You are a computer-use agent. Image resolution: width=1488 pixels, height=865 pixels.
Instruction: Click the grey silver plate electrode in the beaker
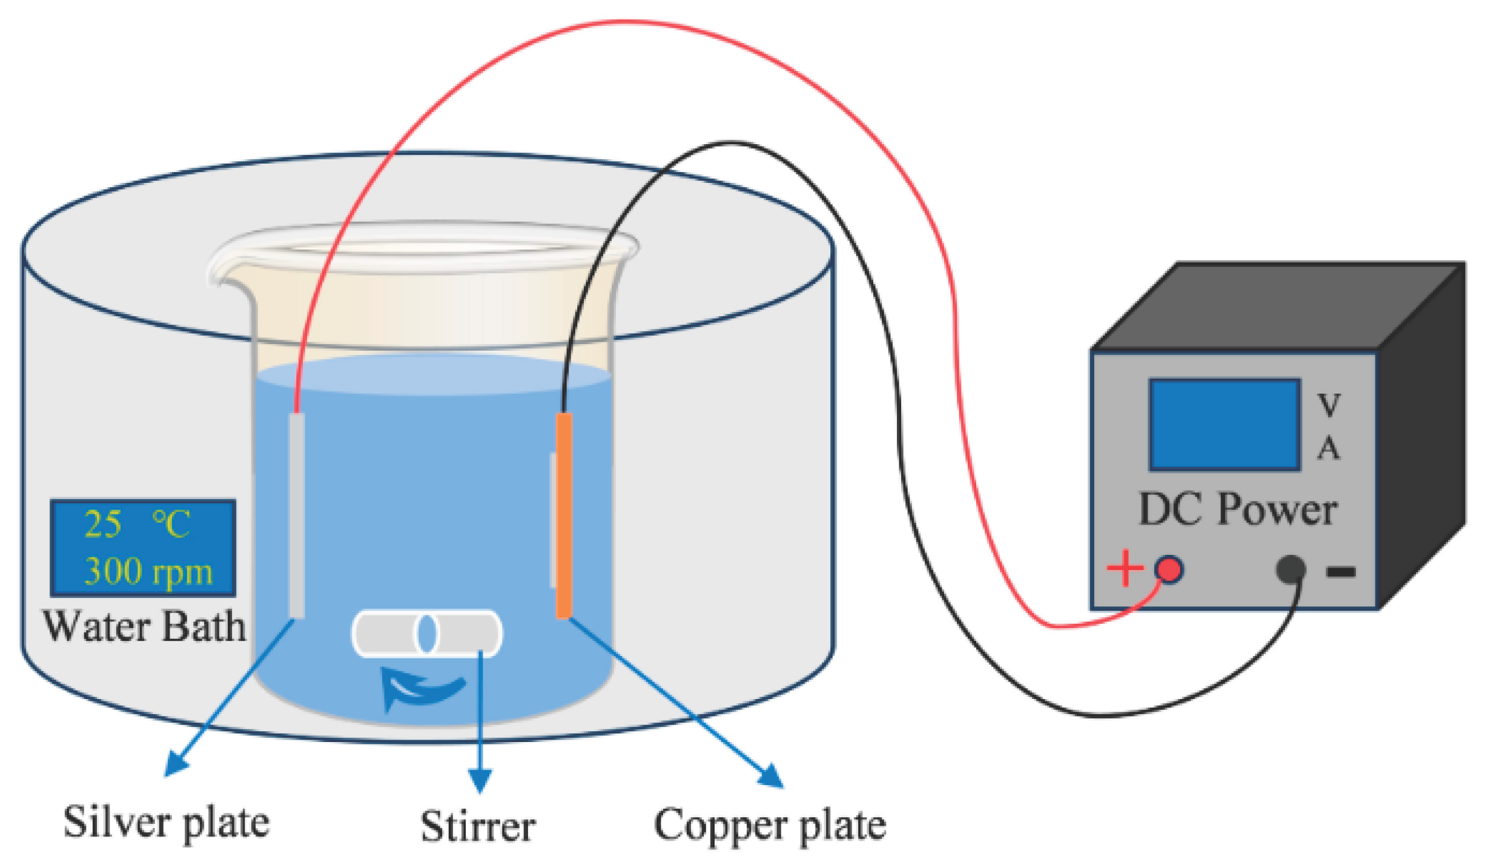tap(297, 515)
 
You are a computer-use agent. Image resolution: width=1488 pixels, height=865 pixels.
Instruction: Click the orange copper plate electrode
tap(564, 515)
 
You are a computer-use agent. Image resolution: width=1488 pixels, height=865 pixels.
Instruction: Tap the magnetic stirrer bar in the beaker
tap(427, 633)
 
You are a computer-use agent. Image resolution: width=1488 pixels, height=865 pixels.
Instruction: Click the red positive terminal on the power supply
tap(1168, 569)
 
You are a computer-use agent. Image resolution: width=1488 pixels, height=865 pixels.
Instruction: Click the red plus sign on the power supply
tap(1125, 568)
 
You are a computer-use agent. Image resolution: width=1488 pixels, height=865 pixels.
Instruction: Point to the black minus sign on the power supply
tap(1341, 571)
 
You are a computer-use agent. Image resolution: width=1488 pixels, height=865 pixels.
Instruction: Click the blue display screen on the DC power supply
tap(1225, 425)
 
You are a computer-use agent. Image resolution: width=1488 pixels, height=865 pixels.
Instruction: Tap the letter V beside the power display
tap(1329, 405)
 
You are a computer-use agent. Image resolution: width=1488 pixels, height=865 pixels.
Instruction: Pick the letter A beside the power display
tap(1329, 449)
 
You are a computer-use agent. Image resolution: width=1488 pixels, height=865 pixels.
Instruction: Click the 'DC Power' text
tap(1238, 509)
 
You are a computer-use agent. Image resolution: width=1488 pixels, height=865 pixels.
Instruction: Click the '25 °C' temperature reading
tap(137, 523)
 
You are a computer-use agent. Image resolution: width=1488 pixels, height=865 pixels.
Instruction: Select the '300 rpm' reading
tap(148, 571)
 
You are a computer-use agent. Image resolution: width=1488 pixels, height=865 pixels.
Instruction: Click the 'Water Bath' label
tap(144, 626)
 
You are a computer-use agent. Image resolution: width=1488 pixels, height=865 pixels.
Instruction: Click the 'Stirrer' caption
tap(478, 826)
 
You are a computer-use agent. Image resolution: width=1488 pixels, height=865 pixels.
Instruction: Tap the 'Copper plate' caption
tap(770, 826)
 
